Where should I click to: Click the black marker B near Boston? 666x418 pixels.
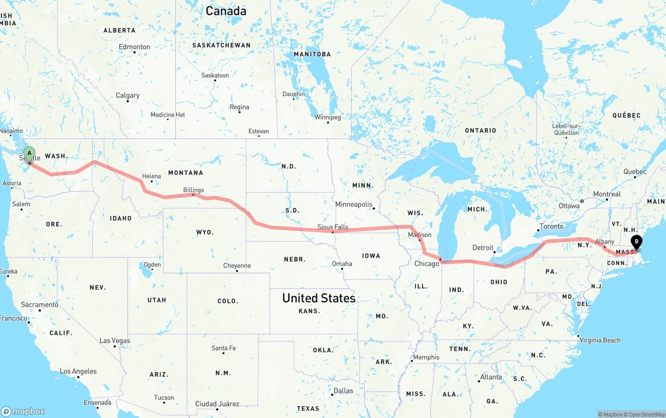(x=636, y=242)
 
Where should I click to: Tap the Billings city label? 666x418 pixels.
(x=194, y=190)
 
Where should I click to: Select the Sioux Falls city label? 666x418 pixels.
(x=333, y=227)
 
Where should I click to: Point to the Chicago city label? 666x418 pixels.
(x=427, y=264)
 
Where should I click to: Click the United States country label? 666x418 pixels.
(x=318, y=298)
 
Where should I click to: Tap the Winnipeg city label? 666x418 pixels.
(x=328, y=117)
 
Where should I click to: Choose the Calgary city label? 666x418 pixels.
(x=127, y=95)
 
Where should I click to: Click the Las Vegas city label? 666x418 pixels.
(x=115, y=341)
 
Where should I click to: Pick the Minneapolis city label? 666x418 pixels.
(x=354, y=205)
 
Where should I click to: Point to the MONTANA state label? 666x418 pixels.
(x=185, y=173)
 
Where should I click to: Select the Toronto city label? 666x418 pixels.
(x=552, y=226)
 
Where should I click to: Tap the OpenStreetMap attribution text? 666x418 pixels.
(x=645, y=414)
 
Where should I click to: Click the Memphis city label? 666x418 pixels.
(x=426, y=358)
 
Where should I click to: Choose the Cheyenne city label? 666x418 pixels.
(x=237, y=266)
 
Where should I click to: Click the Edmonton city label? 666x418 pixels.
(x=134, y=47)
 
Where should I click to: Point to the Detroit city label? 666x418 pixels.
(x=482, y=248)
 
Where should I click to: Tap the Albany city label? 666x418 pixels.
(x=605, y=242)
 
